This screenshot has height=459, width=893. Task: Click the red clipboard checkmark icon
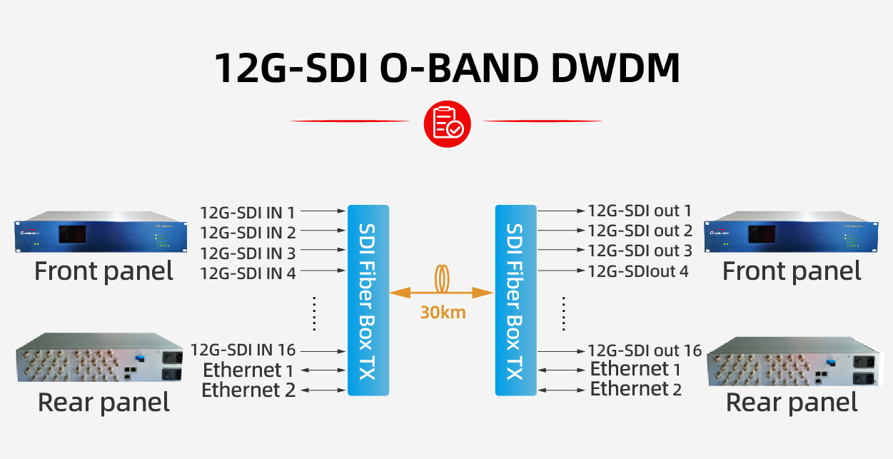448,123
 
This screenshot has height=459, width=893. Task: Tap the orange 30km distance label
443,313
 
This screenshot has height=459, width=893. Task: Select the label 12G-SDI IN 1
247,212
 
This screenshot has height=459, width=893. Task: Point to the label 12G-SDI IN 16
243,350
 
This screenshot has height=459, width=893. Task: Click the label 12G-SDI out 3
640,251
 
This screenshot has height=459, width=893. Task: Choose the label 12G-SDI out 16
645,350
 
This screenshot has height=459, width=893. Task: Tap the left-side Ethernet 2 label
248,390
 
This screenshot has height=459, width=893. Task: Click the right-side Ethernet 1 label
635,369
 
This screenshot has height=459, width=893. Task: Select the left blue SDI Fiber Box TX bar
368,301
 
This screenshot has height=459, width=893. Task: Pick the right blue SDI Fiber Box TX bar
515,301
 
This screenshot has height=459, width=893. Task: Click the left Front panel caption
104,271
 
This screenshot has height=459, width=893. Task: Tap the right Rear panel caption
792,403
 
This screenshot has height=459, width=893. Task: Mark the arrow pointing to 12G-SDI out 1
560,211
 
